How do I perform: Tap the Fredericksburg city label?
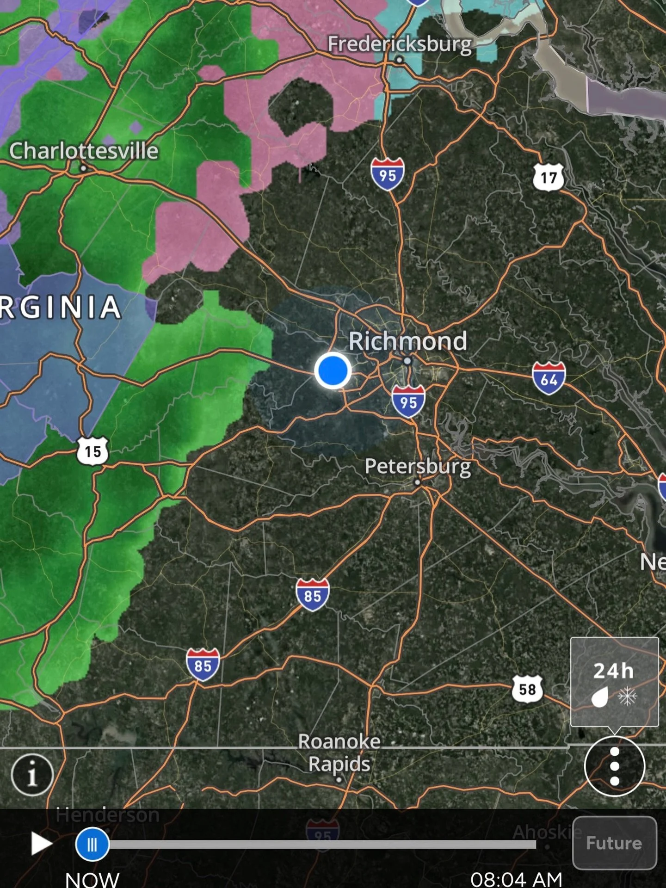(400, 44)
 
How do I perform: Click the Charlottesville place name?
(84, 151)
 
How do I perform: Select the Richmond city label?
(407, 341)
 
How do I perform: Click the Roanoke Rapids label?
(339, 752)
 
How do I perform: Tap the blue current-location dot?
(333, 371)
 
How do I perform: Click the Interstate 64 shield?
(549, 378)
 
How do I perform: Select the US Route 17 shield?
(549, 177)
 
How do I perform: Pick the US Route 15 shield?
(92, 451)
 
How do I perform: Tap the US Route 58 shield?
(527, 689)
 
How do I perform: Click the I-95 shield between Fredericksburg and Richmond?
(388, 174)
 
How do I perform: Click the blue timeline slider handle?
(92, 845)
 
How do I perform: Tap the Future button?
(614, 843)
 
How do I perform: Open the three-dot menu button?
(614, 766)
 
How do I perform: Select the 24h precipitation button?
(614, 682)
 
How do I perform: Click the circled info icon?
(32, 775)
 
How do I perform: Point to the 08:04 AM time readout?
(516, 878)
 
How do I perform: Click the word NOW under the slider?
(92, 878)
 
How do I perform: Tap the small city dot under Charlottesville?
(83, 168)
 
